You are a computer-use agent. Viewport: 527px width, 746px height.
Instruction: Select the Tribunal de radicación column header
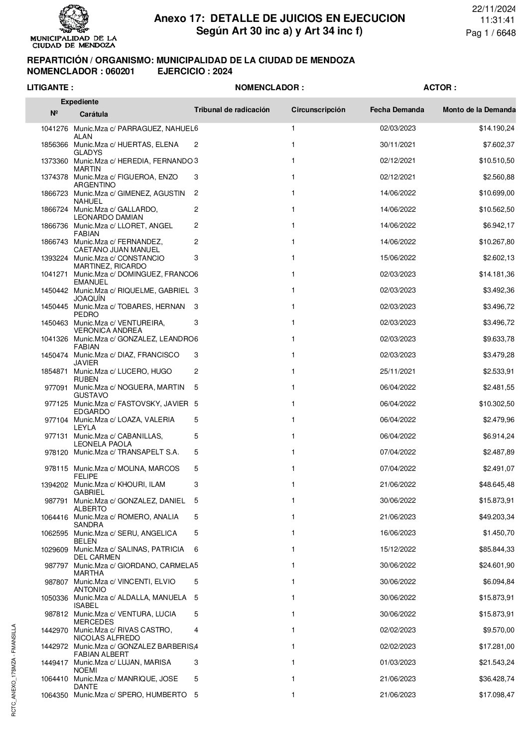click(x=232, y=110)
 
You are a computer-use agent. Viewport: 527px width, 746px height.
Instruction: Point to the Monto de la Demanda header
click(x=479, y=110)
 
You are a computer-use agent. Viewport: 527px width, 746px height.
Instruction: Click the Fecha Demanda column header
click(x=397, y=110)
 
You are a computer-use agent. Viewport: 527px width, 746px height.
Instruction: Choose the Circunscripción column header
click(x=318, y=110)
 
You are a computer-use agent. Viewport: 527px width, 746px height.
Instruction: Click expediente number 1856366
click(x=54, y=145)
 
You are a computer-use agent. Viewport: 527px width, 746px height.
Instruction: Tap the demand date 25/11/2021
click(x=397, y=371)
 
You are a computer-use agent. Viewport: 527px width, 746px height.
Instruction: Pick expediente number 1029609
click(x=54, y=550)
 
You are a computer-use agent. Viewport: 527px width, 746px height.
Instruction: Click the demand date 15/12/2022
click(x=397, y=549)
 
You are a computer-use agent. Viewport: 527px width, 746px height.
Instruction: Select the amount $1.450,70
click(x=498, y=533)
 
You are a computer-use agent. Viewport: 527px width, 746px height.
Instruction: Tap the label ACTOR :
click(x=439, y=88)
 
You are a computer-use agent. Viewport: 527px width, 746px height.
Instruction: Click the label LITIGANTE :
click(x=50, y=88)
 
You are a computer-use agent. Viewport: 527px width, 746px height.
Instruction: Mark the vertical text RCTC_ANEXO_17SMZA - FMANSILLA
click(x=14, y=670)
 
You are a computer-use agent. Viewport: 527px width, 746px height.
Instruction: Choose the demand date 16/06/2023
click(x=397, y=533)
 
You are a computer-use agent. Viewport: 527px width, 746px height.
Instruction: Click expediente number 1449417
click(x=54, y=663)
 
